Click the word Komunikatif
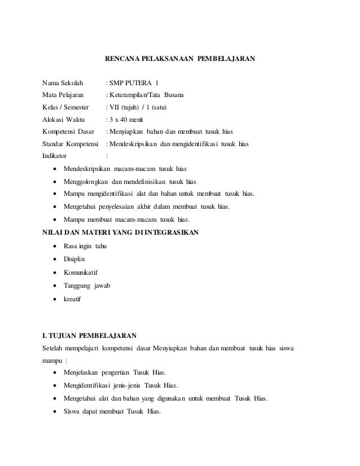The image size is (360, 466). [x=81, y=273]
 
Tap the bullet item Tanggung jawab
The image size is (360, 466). [x=87, y=286]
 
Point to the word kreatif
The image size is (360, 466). [x=72, y=299]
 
